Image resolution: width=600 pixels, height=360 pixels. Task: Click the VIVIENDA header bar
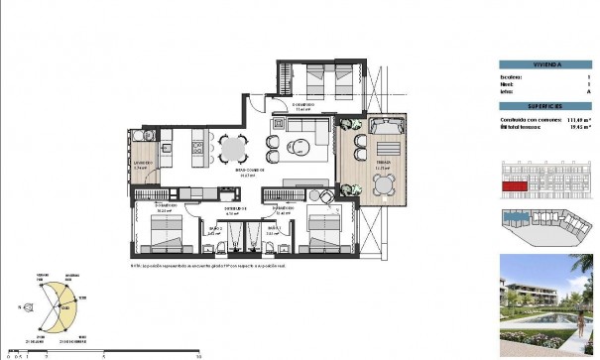click(x=544, y=64)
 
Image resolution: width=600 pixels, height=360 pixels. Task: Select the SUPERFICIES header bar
click(x=544, y=104)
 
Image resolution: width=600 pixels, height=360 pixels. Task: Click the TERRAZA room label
click(x=382, y=164)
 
